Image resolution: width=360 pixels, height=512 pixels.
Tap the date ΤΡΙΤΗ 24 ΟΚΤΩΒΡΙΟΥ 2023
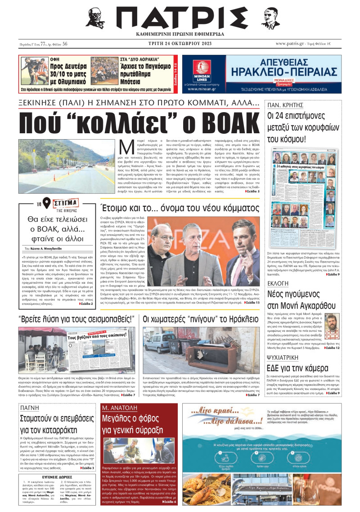180,44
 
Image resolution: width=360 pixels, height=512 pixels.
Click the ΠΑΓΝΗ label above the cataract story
30,396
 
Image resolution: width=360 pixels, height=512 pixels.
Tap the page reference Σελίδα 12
330,348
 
